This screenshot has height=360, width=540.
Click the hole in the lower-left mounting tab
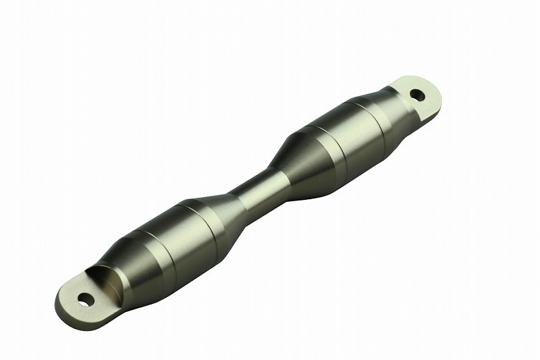[x=84, y=298]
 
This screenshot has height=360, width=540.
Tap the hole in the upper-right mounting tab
[x=418, y=95]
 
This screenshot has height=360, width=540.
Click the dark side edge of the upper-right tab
[x=432, y=110]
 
